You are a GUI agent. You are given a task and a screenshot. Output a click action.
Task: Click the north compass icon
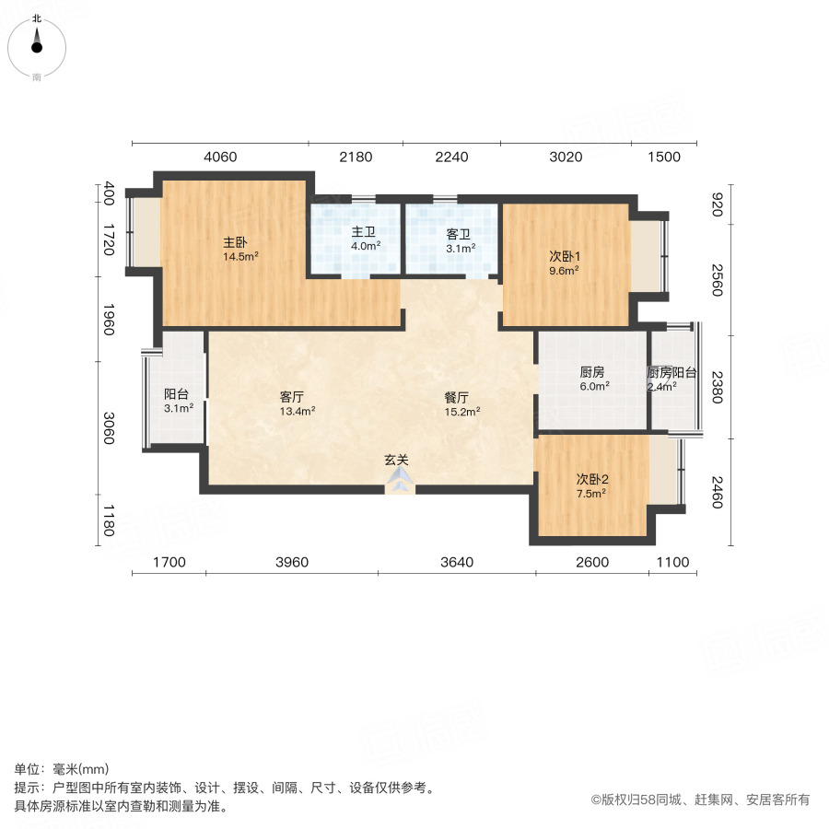[x=37, y=43]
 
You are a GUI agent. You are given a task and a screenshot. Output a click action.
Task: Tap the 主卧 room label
[x=234, y=242]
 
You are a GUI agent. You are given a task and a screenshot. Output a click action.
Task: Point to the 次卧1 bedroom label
[x=563, y=256]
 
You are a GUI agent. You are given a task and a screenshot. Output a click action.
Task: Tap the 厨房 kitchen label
[x=592, y=372]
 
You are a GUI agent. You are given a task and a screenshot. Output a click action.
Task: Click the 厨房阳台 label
[x=672, y=373]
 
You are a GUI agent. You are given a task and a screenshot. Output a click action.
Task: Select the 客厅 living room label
[x=292, y=397]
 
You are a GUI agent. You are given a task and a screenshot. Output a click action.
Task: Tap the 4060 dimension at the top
[x=220, y=157]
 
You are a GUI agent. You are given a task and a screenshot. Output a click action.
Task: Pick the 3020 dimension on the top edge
[x=566, y=157]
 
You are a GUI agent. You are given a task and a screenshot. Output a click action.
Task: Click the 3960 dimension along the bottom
[x=291, y=562]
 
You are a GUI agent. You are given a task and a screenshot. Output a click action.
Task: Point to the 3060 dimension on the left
[x=109, y=428]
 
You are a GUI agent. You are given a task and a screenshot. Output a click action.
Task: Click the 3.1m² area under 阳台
[x=178, y=408]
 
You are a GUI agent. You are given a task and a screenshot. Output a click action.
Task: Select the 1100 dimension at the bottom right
[x=672, y=562]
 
